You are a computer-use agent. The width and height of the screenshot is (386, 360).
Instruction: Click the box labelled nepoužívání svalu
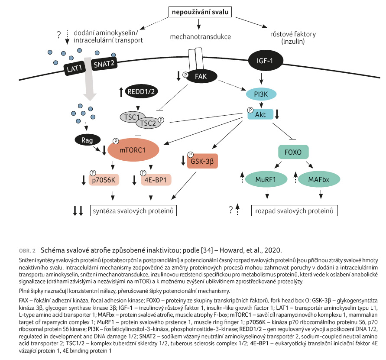coord(200,12)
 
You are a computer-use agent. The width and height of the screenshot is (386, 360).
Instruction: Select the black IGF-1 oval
coord(266,61)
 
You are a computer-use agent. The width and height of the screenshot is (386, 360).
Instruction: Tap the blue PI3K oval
coord(261,94)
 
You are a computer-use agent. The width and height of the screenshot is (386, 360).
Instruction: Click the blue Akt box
coord(260,114)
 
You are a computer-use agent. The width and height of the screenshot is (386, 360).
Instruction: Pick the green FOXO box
coord(293,152)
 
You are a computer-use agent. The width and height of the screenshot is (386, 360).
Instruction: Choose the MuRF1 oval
coord(266,179)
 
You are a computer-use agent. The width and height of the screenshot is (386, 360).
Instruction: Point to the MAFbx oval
coord(319,179)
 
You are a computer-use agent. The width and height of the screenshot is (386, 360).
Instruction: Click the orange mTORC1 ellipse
coord(133,150)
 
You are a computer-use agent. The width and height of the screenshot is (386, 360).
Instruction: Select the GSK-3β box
coord(202,161)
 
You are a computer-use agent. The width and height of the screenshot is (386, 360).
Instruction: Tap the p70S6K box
coord(104,180)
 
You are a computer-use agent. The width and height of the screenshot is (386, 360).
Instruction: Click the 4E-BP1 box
coord(156,180)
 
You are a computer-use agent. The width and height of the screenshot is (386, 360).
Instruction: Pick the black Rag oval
coord(88,140)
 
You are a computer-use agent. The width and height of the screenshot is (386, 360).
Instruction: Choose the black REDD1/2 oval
coord(141,91)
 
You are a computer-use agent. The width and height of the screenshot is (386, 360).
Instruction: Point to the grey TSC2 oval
coord(149,123)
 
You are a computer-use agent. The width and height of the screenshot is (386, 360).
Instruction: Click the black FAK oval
coord(201,76)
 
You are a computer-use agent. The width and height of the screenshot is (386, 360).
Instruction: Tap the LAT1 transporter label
coord(75,68)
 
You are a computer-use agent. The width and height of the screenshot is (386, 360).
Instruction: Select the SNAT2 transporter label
coord(104,64)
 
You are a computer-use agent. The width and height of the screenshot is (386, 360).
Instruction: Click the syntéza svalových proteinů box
coord(133,211)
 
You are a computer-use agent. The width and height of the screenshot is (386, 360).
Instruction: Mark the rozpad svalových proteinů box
coord(295,211)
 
